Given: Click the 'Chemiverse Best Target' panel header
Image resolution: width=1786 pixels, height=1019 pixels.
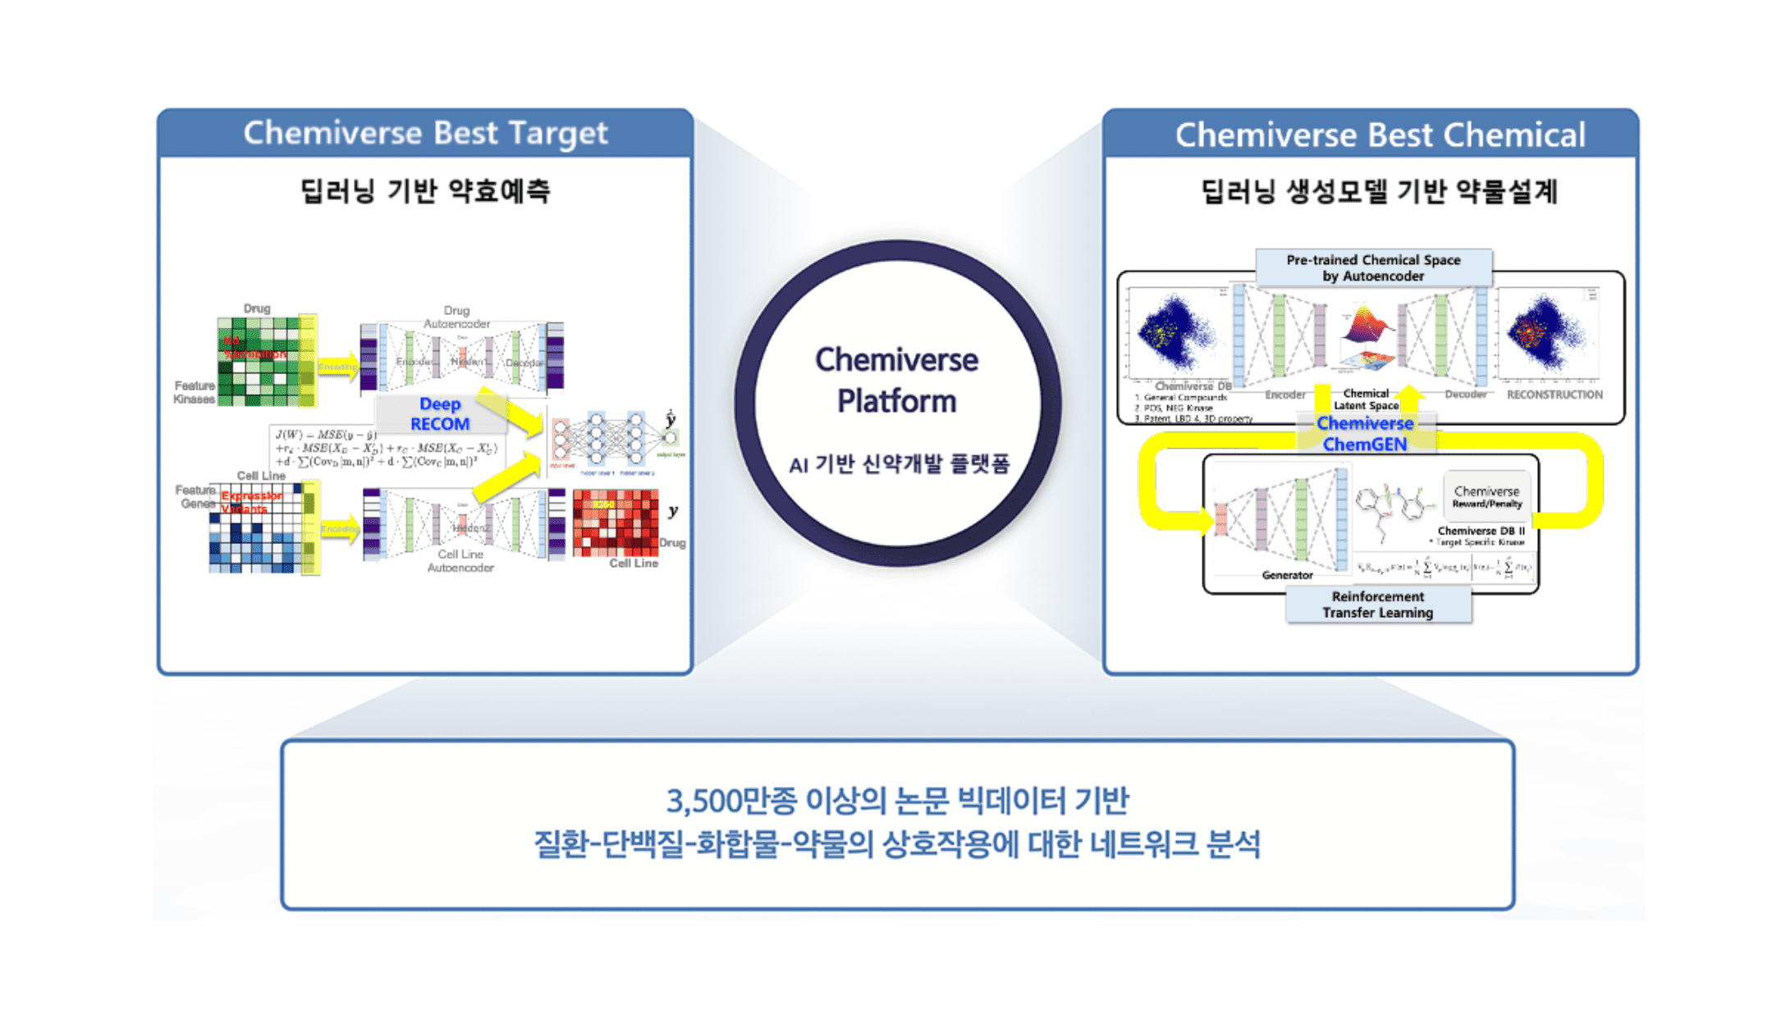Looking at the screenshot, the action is coord(425,133).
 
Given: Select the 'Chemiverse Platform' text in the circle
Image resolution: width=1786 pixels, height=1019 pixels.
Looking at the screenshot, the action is coord(896,381).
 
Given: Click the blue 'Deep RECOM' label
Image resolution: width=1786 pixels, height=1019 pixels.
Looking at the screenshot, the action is coord(440,414).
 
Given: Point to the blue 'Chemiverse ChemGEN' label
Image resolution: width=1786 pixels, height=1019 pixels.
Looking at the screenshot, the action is coord(1365,434).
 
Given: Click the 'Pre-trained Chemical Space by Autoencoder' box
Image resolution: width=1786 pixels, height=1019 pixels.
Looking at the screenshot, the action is coord(1373,268).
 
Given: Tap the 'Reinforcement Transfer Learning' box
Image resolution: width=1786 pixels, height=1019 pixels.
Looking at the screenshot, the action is coord(1377,605).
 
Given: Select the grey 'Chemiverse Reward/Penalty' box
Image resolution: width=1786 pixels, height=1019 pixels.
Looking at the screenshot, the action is coord(1486,496).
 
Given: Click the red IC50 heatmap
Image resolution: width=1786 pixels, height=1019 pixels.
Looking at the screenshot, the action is coord(616,523).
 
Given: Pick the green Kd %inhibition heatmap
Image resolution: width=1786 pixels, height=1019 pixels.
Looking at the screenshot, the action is coord(259,361).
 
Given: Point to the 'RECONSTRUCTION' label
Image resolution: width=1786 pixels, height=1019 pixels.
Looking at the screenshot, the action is coord(1554,395).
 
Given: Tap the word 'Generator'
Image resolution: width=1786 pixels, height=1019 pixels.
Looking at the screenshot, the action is coord(1287,575).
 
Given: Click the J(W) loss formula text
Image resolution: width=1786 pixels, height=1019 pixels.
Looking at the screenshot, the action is coord(386,448).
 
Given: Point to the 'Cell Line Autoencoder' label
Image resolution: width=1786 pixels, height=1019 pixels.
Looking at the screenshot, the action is coord(460,561).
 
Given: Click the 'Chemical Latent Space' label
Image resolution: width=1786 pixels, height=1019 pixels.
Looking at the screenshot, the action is coord(1366,400).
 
